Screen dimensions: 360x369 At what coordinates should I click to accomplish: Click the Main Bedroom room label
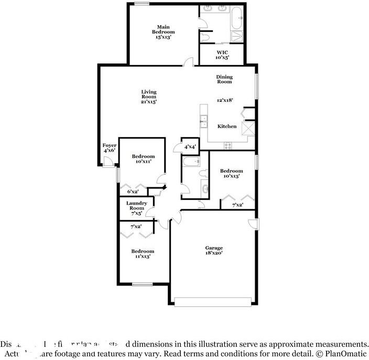[163, 31]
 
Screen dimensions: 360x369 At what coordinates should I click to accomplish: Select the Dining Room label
[224, 79]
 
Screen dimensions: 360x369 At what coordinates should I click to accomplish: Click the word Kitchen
[227, 126]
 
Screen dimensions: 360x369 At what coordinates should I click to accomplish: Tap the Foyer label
[109, 147]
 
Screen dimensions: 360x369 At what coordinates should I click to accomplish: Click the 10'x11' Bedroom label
[143, 159]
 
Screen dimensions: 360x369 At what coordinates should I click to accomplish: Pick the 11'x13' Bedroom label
[143, 254]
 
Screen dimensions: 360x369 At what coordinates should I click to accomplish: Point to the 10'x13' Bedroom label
[231, 174]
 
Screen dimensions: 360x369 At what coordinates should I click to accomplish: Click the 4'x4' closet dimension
[189, 146]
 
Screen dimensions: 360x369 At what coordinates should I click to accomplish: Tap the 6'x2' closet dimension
[133, 192]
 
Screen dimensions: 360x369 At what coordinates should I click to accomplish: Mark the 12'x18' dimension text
[225, 100]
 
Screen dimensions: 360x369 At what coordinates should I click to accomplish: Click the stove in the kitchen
[228, 145]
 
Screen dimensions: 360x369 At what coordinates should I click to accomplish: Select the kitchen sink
[203, 121]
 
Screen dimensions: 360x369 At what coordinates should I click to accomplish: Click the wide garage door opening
[213, 302]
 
